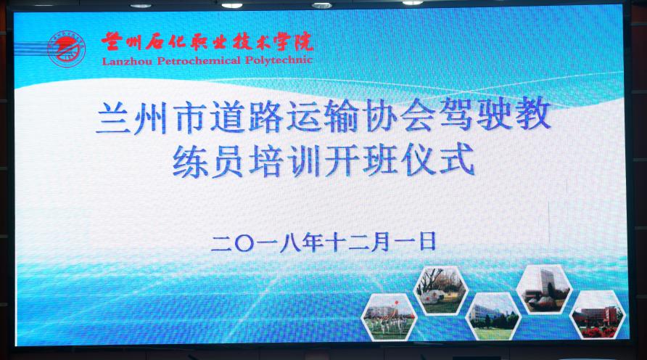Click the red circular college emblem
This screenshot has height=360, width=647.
point(66,49)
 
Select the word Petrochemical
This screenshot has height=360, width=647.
point(199,61)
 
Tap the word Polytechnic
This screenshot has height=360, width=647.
point(279,60)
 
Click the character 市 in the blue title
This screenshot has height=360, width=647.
point(190,118)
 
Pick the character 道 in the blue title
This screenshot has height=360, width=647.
point(228,118)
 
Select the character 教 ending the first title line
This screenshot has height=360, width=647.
point(533,113)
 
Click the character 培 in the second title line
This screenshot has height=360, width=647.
point(266,161)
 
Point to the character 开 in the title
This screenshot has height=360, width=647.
point(342,160)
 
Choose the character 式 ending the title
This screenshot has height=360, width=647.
point(456,158)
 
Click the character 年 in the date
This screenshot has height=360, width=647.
point(313,242)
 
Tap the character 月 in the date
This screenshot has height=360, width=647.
point(380,242)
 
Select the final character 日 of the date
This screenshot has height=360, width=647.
point(427,241)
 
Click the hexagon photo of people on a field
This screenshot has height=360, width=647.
point(389,318)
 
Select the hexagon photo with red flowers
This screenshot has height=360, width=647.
point(598,315)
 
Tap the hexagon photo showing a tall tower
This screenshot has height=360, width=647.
point(545,289)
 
